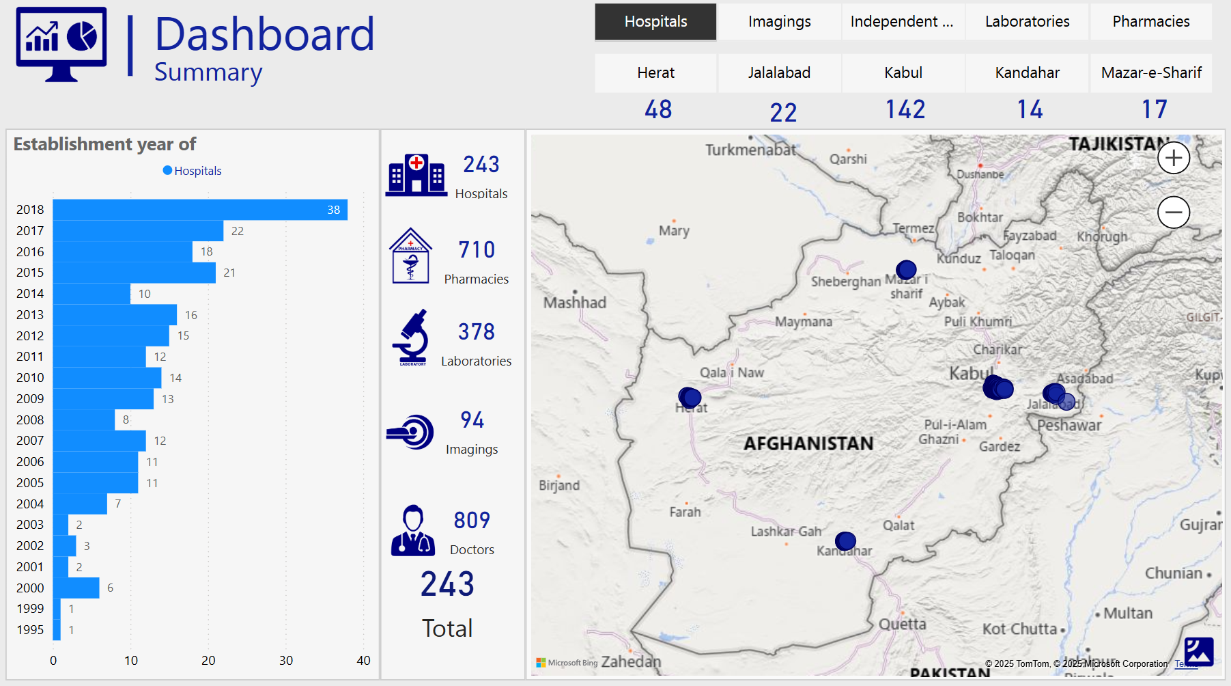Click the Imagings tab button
[x=779, y=22]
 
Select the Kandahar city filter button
[x=1027, y=73]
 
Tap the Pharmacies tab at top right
[x=1150, y=22]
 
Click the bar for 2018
[x=199, y=210]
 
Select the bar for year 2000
[x=76, y=588]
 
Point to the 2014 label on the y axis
[x=30, y=294]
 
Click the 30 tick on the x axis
[x=286, y=661]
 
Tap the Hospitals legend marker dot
[x=167, y=171]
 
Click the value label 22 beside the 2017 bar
[x=238, y=231]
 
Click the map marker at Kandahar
[x=845, y=541]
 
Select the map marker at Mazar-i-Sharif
[x=906, y=270]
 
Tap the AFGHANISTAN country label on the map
[x=808, y=444]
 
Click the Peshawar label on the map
[x=1069, y=426]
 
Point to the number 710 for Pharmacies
[x=477, y=250]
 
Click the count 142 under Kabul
[x=905, y=109]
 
